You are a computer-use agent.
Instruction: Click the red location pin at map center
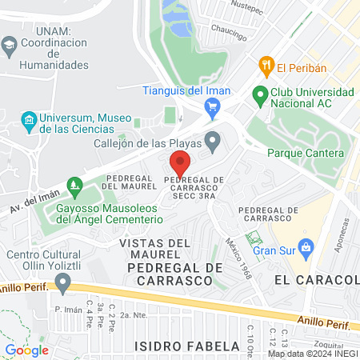[x=180, y=164]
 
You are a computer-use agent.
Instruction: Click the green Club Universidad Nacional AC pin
[x=259, y=95]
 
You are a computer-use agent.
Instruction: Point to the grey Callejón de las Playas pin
[x=212, y=142]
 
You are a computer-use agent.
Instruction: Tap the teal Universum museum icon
[x=30, y=122]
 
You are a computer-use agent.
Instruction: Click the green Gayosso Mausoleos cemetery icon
[x=75, y=186]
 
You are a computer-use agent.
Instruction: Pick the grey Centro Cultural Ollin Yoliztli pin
[x=62, y=282]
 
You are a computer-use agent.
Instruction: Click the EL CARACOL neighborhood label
[x=314, y=280]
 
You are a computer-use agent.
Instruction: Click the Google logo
[x=26, y=350]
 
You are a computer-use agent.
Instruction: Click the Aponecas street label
[x=343, y=235]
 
